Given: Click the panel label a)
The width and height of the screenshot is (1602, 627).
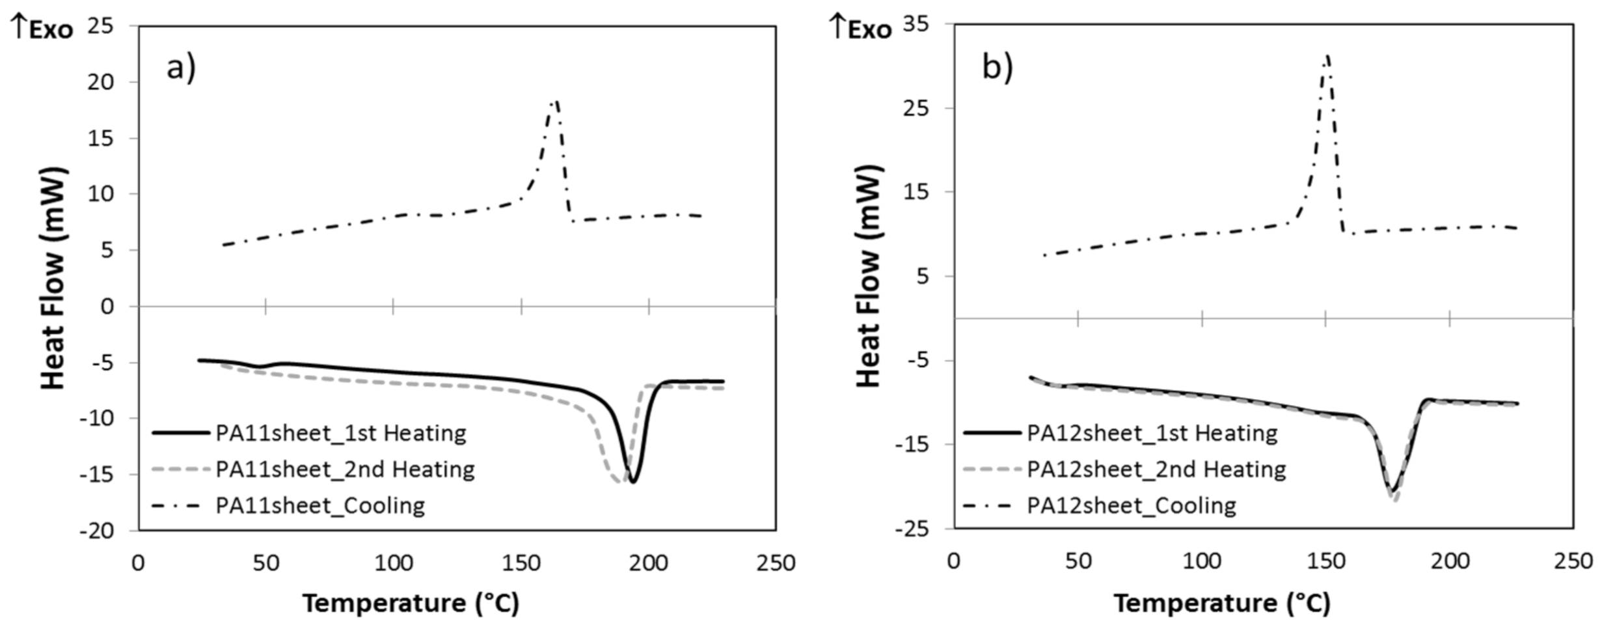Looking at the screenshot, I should [181, 67].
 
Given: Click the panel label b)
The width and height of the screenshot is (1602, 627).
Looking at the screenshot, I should [997, 67].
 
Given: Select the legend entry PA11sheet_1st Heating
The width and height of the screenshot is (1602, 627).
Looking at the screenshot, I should [341, 433].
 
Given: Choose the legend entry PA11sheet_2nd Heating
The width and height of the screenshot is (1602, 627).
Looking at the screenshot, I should [345, 469].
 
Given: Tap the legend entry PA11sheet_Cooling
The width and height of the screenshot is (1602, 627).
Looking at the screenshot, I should [320, 506].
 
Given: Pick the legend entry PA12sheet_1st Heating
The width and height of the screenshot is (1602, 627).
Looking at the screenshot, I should [1152, 433].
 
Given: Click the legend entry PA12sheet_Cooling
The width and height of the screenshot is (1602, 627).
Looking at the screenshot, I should [1131, 506].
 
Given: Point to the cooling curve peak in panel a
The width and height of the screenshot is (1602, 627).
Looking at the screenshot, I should [555, 101].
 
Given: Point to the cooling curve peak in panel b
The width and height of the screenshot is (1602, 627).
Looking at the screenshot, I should [1327, 56].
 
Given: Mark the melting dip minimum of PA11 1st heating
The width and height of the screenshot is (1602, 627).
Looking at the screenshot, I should [632, 482].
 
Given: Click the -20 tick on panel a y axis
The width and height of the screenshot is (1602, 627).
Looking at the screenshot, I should [96, 531].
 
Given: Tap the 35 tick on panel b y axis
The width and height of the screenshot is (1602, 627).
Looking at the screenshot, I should [916, 24].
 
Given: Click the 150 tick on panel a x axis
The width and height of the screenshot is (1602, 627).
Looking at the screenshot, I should [521, 563].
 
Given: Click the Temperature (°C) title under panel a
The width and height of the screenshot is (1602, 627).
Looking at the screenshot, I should [411, 604].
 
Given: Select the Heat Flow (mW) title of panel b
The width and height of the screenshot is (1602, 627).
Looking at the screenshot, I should [868, 277].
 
